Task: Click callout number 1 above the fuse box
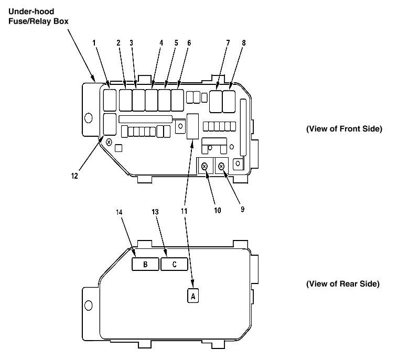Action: (95, 43)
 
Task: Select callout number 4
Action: (161, 43)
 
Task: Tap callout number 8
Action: (243, 43)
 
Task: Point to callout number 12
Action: (74, 177)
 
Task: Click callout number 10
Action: (217, 210)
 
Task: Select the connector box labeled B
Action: (145, 264)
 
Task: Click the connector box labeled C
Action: (175, 264)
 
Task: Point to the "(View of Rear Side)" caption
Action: (342, 284)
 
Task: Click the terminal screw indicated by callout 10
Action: (205, 166)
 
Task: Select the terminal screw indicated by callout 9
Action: (221, 166)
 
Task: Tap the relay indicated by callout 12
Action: (110, 124)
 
